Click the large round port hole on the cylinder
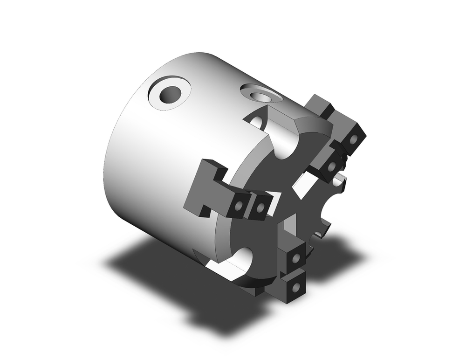click(x=170, y=95)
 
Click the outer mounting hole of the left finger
click(x=239, y=205)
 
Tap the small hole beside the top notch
click(x=256, y=122)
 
